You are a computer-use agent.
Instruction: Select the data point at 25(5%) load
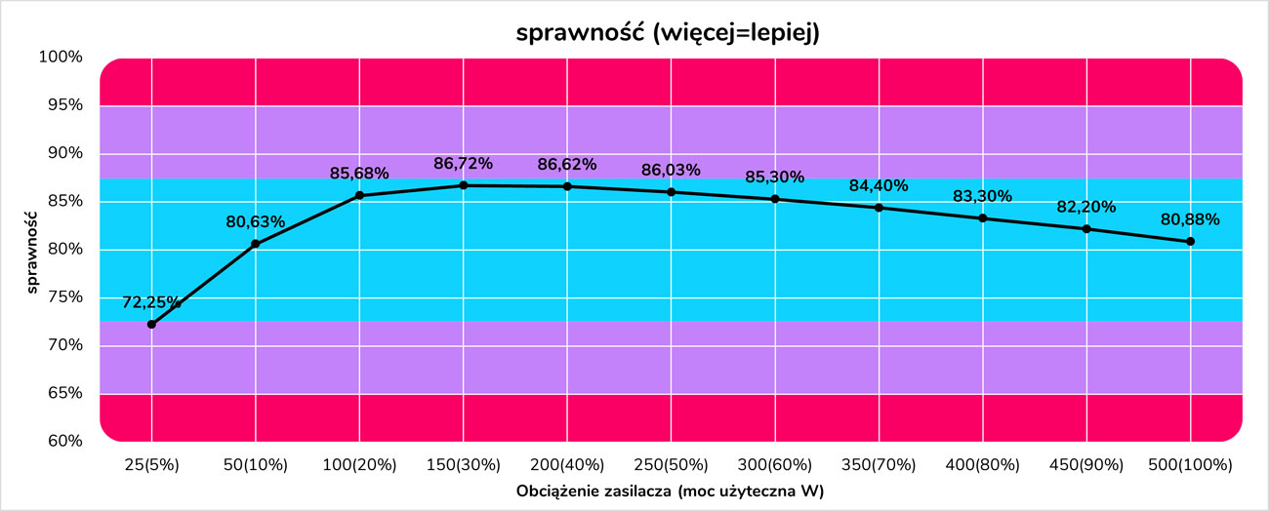tap(151, 324)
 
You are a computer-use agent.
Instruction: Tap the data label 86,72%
tap(464, 164)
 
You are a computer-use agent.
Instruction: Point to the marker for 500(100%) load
tap(1190, 241)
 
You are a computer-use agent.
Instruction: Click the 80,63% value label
tap(256, 222)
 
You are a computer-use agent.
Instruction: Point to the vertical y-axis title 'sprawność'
tap(32, 250)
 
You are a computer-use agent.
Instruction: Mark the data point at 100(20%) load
tap(359, 195)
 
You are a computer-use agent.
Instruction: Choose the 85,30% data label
tap(775, 177)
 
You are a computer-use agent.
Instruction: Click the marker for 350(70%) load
tap(879, 208)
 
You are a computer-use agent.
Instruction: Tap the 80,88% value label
tap(1190, 219)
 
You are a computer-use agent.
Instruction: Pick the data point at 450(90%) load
tap(1086, 228)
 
